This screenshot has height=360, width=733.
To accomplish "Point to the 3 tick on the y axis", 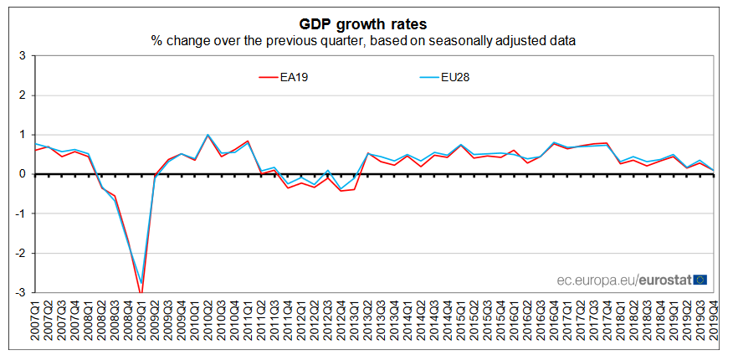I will (x=23, y=56).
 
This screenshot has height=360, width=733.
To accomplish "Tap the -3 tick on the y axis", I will (x=20, y=293).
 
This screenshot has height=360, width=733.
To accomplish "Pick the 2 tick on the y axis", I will (x=23, y=95).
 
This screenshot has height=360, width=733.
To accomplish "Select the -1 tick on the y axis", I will (x=20, y=214).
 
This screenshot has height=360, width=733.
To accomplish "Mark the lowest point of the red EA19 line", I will (x=141, y=291).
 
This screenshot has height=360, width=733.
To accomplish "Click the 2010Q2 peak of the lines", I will (x=208, y=135).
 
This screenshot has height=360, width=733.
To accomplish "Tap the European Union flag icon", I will (x=700, y=279).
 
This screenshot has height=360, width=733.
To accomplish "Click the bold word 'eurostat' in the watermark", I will (x=664, y=280).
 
